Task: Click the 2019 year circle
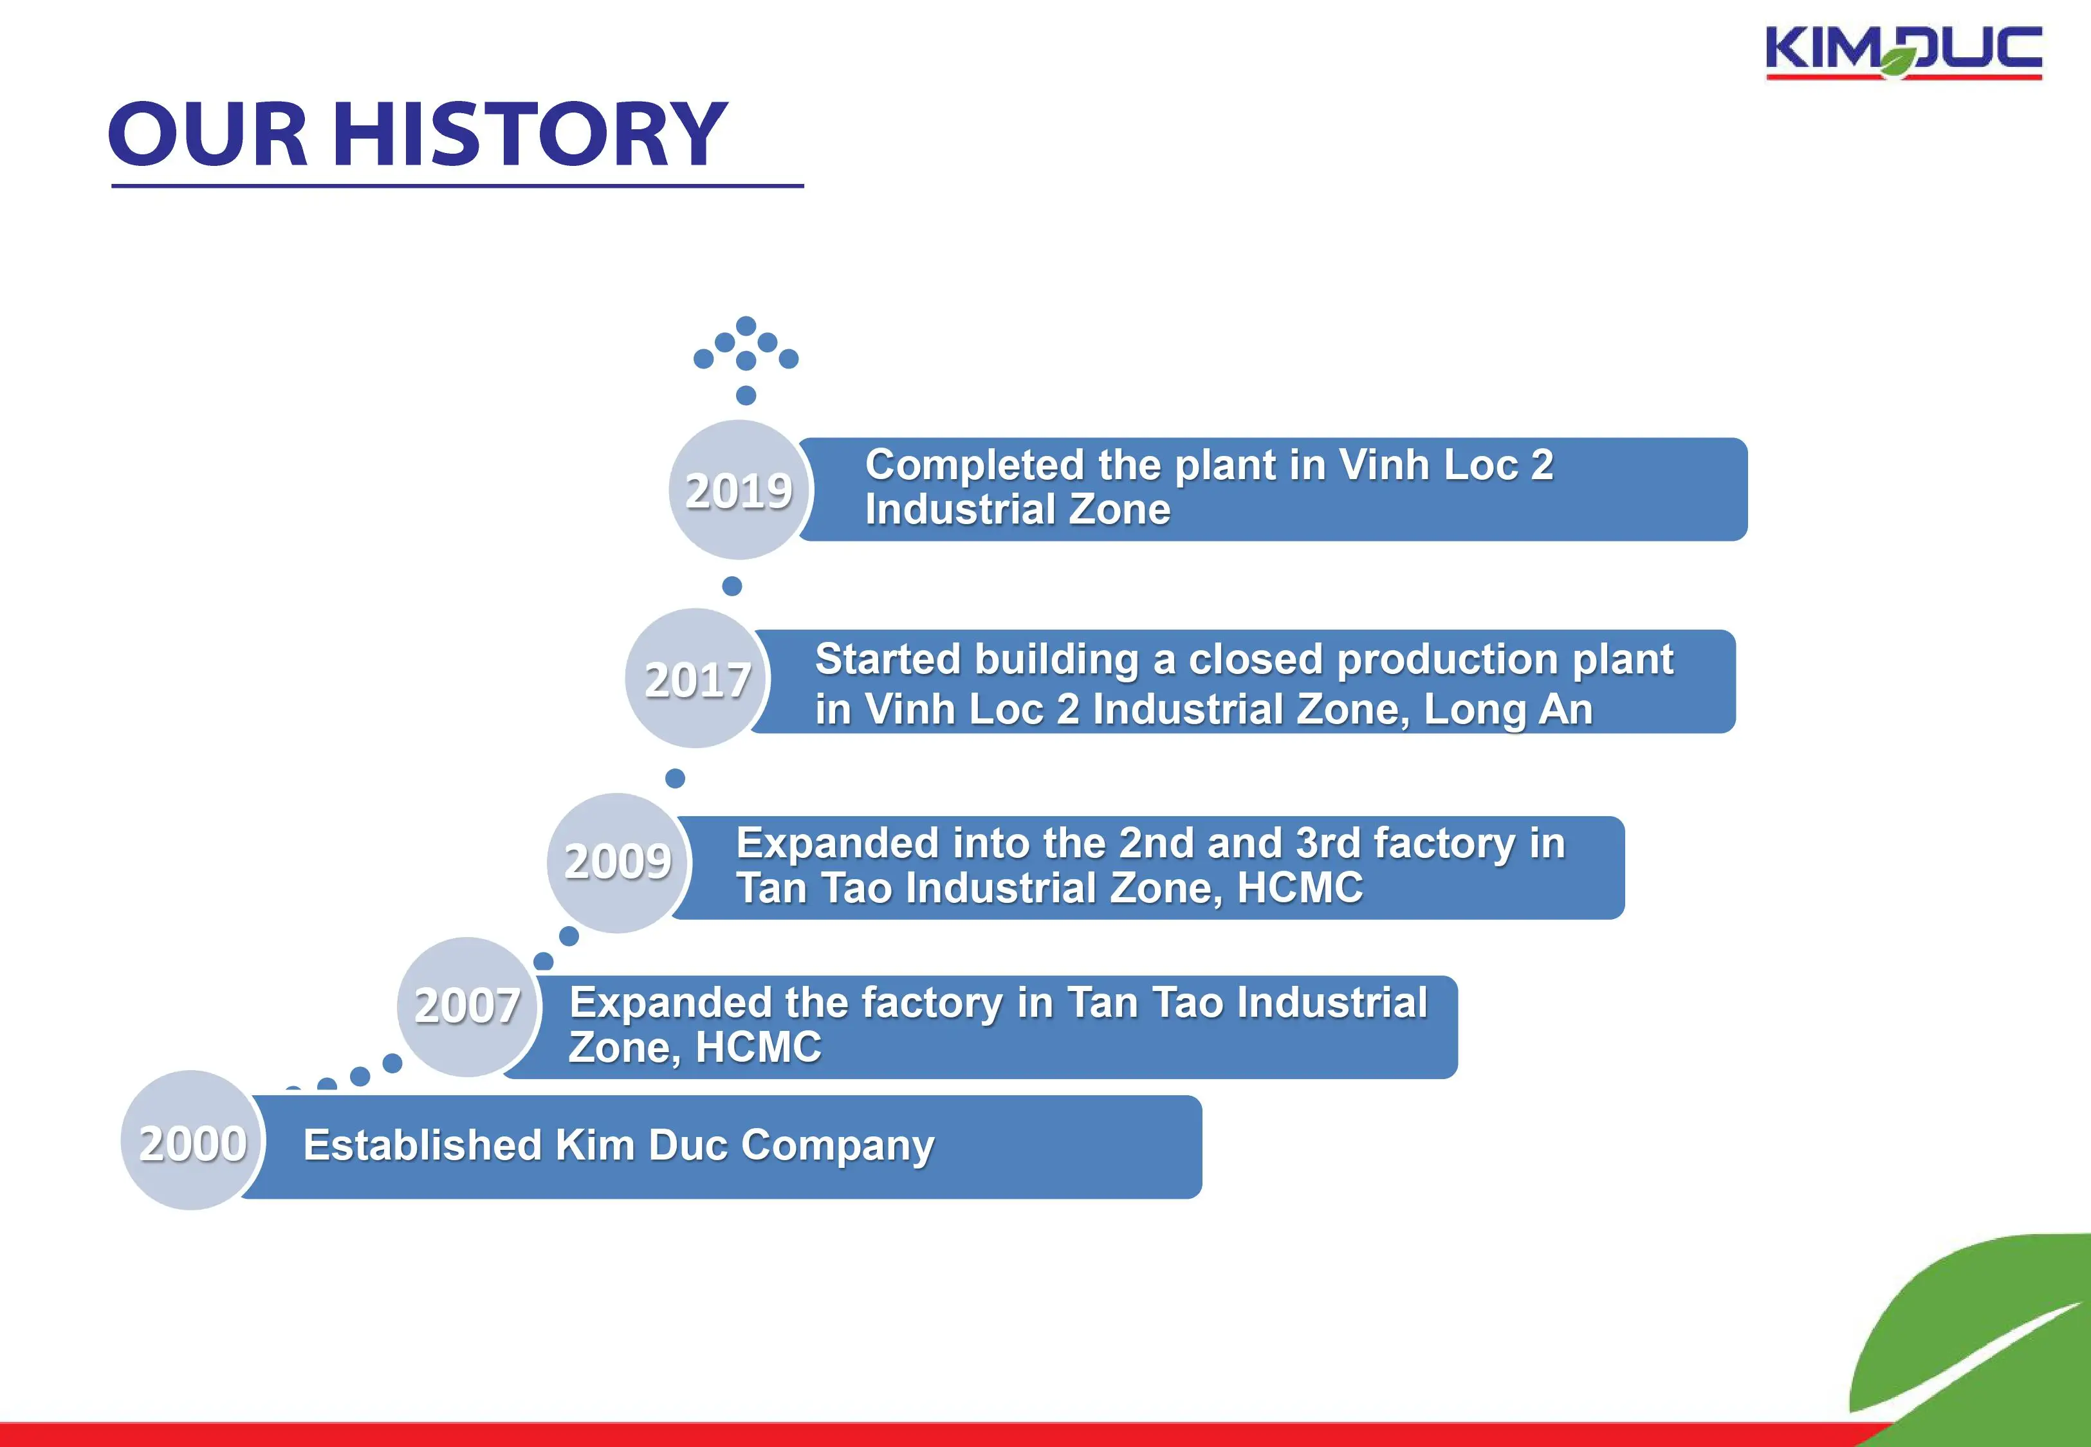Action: (740, 489)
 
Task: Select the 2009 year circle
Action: (618, 862)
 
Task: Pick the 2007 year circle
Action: (468, 1006)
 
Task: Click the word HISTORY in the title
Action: (530, 134)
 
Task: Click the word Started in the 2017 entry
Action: (886, 659)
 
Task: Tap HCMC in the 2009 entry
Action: (1300, 887)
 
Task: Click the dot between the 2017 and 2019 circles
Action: (732, 586)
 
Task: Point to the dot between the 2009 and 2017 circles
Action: (675, 778)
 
